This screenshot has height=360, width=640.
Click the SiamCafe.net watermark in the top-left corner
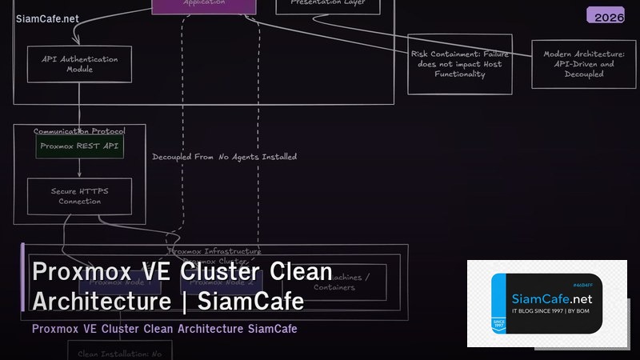pyautogui.click(x=47, y=18)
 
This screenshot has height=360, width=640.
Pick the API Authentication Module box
pyautogui.click(x=79, y=64)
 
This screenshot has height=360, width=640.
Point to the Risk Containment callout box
pyautogui.click(x=459, y=64)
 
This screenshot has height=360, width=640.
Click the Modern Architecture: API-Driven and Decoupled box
pyautogui.click(x=584, y=64)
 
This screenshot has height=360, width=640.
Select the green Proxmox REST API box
pyautogui.click(x=79, y=146)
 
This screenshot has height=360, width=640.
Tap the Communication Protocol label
pyautogui.click(x=78, y=131)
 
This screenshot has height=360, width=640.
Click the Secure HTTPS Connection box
pyautogui.click(x=79, y=196)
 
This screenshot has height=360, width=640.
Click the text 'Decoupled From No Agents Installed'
pyautogui.click(x=224, y=157)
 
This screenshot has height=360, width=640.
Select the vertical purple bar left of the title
pyautogui.click(x=23, y=277)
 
